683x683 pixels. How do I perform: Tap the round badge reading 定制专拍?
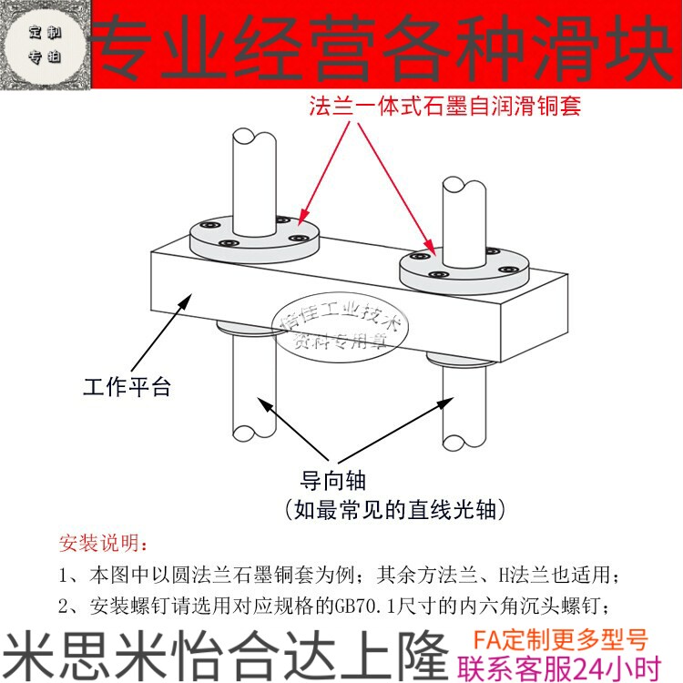coord(45,45)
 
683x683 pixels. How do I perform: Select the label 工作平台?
coord(127,387)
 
